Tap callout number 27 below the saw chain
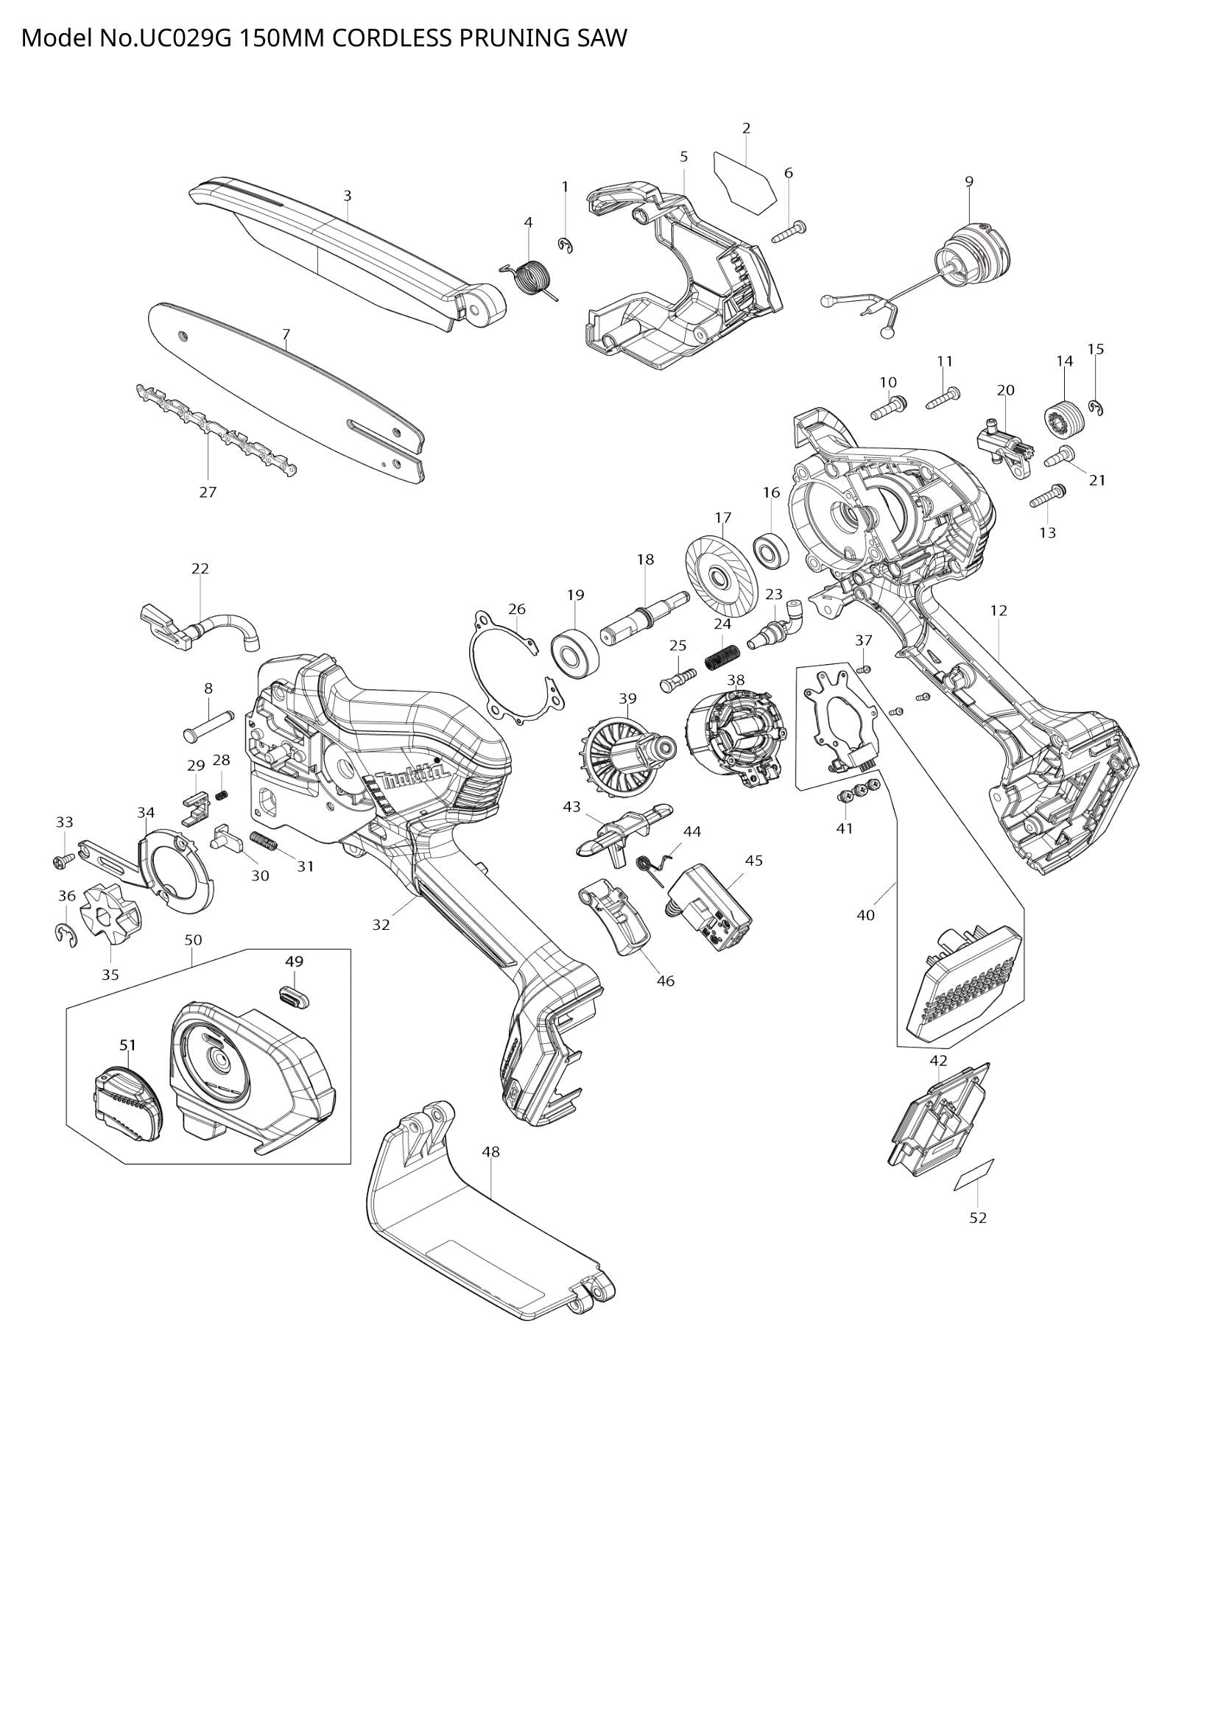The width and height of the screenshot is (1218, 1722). point(208,492)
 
